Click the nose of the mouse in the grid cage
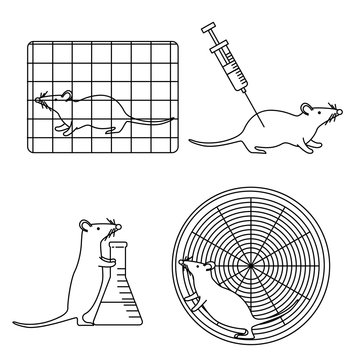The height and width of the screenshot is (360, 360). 37,99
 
